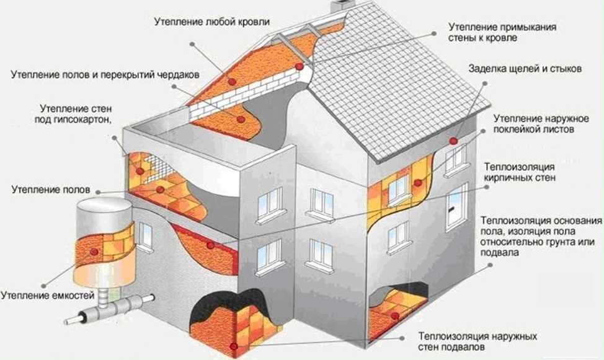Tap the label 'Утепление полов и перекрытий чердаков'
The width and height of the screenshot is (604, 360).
104,74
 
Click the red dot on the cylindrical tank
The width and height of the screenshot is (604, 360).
94,251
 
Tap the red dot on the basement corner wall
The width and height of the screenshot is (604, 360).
232,345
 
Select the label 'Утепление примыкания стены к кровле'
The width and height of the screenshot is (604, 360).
502,33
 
